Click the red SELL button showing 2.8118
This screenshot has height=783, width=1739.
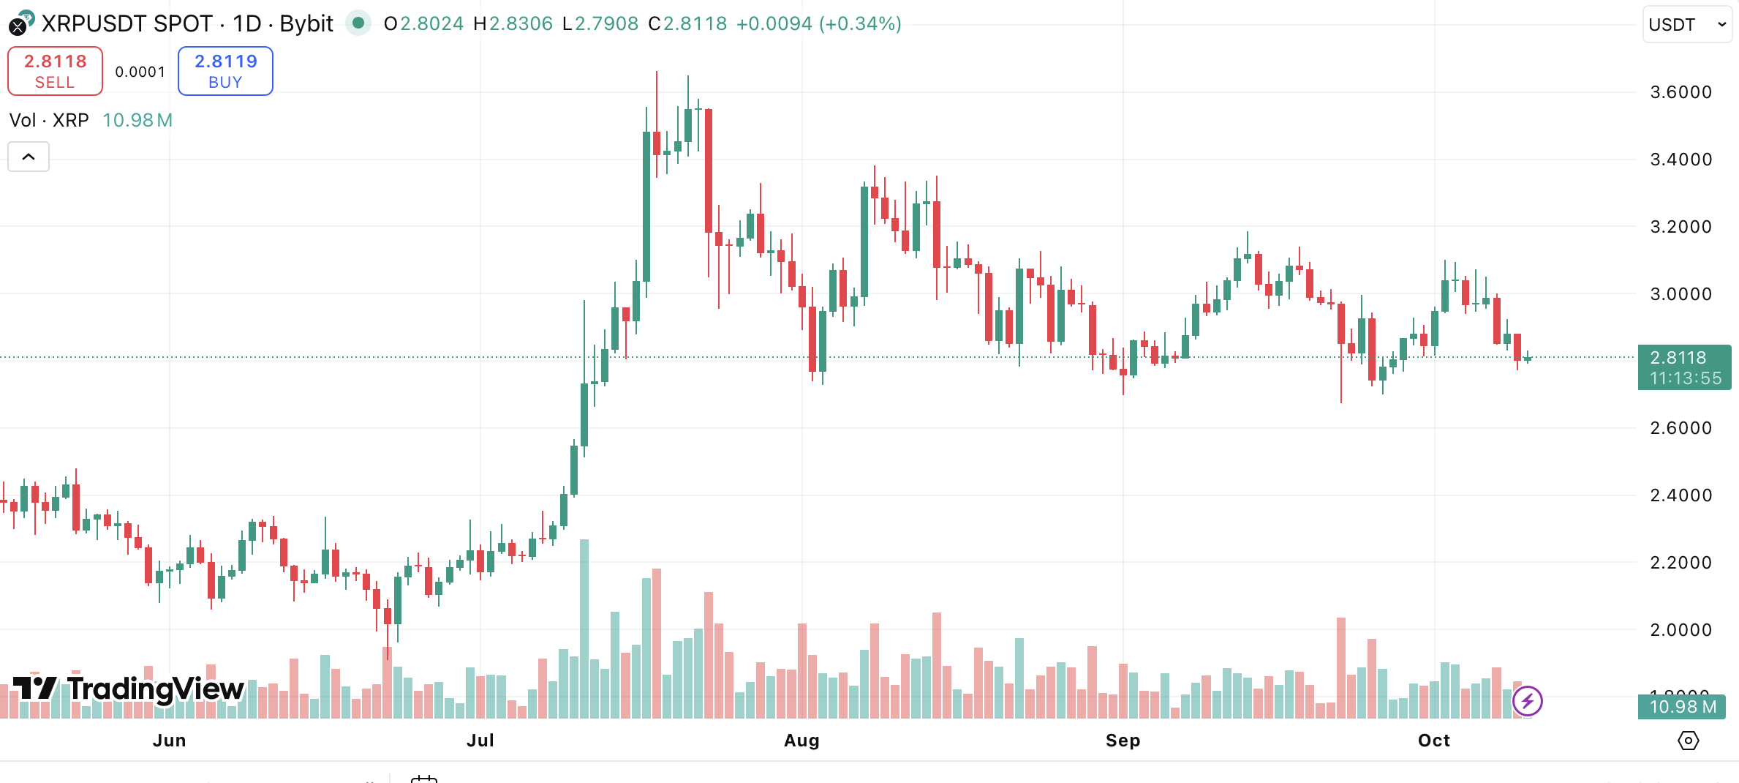pyautogui.click(x=55, y=71)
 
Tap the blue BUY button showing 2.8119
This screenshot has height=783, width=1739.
pyautogui.click(x=225, y=71)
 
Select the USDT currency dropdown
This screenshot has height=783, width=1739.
pyautogui.click(x=1686, y=24)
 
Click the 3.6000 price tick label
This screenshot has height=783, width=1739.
pyautogui.click(x=1680, y=92)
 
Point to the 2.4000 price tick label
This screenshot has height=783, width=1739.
pyautogui.click(x=1680, y=495)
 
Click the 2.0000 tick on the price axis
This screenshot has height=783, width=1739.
pyautogui.click(x=1680, y=630)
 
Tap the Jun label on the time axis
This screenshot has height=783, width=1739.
pyautogui.click(x=169, y=741)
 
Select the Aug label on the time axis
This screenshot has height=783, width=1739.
pyautogui.click(x=801, y=741)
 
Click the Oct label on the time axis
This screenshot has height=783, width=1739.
pyautogui.click(x=1433, y=741)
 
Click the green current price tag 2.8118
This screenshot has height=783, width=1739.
pyautogui.click(x=1683, y=367)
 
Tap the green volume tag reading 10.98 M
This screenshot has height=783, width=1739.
pyautogui.click(x=1683, y=707)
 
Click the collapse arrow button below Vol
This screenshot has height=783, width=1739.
pyautogui.click(x=29, y=157)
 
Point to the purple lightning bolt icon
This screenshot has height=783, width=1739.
pyautogui.click(x=1527, y=701)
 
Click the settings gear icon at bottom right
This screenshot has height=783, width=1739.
pyautogui.click(x=1688, y=741)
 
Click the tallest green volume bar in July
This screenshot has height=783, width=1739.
pyautogui.click(x=584, y=629)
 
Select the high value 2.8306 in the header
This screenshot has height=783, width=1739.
pyautogui.click(x=520, y=24)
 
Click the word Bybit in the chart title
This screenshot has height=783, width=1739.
pyautogui.click(x=306, y=24)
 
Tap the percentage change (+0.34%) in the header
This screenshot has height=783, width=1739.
pyautogui.click(x=860, y=24)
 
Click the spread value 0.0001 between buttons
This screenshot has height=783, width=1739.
pyautogui.click(x=140, y=72)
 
